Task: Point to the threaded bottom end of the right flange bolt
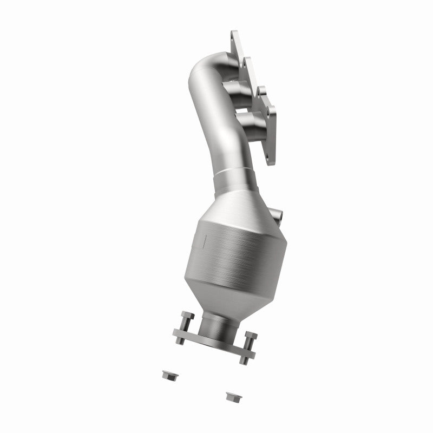[244, 360]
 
